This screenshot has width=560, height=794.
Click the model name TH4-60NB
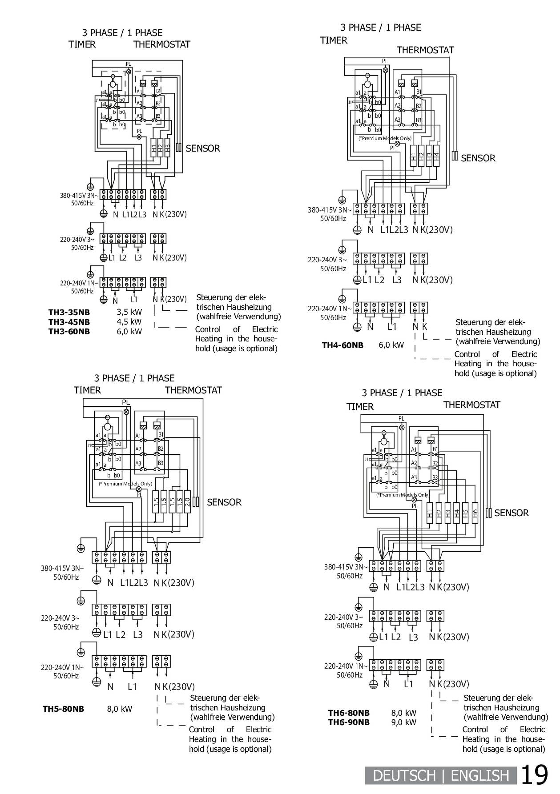(x=342, y=345)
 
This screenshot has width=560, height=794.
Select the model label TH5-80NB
(x=63, y=709)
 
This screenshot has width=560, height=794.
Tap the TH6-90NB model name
(x=349, y=722)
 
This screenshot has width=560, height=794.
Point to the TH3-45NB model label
(x=69, y=322)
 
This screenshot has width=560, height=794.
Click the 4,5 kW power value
(x=129, y=322)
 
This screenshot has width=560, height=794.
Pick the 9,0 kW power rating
(x=403, y=722)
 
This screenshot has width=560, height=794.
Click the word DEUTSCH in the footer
(x=404, y=776)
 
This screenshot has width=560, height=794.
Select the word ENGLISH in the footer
(x=480, y=776)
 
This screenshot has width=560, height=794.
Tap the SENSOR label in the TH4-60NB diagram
(x=478, y=158)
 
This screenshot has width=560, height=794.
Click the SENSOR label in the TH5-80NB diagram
(x=224, y=502)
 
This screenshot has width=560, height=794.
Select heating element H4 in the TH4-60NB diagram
(x=436, y=156)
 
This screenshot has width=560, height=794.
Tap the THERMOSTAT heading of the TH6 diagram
(x=471, y=405)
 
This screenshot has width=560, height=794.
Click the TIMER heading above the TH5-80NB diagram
(x=87, y=390)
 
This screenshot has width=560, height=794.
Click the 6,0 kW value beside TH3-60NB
(x=129, y=331)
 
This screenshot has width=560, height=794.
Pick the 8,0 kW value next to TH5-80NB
(x=120, y=709)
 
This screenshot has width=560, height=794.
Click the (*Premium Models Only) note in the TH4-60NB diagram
(x=385, y=138)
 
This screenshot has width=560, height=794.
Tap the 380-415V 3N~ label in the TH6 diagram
(x=346, y=567)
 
